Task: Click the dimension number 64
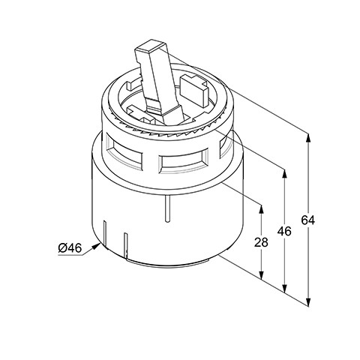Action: click(308, 220)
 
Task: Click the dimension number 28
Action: click(261, 242)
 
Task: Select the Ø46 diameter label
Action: click(70, 248)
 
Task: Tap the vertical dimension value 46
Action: click(284, 231)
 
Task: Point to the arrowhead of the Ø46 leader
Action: click(97, 246)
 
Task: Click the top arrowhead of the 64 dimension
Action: click(308, 138)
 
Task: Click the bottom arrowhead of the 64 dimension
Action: click(308, 301)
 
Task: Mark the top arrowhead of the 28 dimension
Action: click(262, 209)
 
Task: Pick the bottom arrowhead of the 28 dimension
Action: click(262, 275)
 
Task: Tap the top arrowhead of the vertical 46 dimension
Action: click(284, 174)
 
